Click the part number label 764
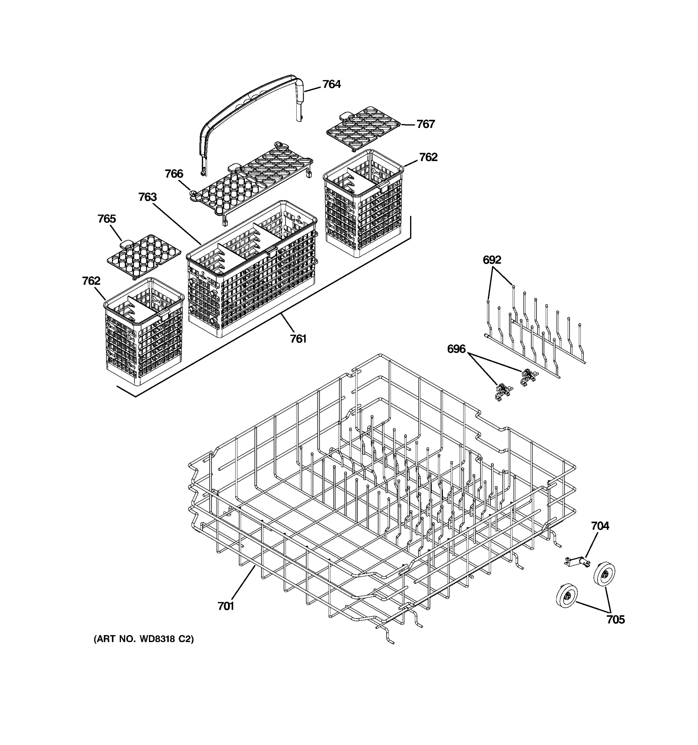point(331,84)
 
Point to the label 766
point(174,174)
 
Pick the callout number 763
point(148,197)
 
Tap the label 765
point(107,219)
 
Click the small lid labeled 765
point(144,255)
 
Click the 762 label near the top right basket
point(428,157)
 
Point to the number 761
point(298,339)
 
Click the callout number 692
point(492,260)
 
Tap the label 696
point(456,349)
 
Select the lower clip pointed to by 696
point(503,392)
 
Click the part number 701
point(226,606)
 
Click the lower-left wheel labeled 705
point(566,596)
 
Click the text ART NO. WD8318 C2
point(144,639)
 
